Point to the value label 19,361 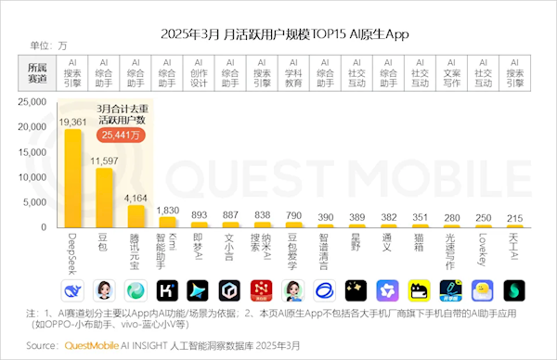pyautogui.click(x=72, y=122)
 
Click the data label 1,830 pyautogui.click(x=168, y=211)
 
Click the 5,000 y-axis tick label pyautogui.click(x=44, y=202)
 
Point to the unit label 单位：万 pyautogui.click(x=48, y=45)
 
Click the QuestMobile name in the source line pyautogui.click(x=97, y=345)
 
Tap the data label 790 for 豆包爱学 pyautogui.click(x=294, y=215)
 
